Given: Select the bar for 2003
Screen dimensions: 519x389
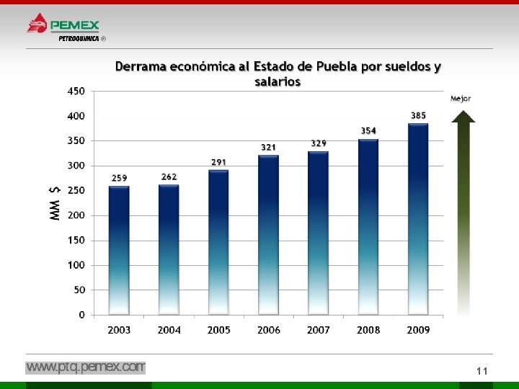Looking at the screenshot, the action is [x=119, y=251].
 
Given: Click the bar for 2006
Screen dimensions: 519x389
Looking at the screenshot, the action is [x=268, y=235].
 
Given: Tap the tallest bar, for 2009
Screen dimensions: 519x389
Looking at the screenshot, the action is [x=418, y=219].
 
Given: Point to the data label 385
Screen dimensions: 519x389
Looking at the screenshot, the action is [x=418, y=115].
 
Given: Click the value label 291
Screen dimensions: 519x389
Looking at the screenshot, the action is [x=219, y=162].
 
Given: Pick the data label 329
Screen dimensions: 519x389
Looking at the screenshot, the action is [x=319, y=143].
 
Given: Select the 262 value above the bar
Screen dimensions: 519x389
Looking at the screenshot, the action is [x=169, y=177].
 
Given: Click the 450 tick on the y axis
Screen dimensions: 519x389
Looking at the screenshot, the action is [x=76, y=91].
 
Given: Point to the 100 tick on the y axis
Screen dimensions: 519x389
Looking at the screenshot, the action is [x=76, y=265].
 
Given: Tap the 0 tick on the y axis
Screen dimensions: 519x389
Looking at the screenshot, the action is [x=81, y=315].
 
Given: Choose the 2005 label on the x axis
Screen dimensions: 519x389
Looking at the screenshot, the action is [x=219, y=330].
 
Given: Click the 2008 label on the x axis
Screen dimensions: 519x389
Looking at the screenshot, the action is [x=368, y=330].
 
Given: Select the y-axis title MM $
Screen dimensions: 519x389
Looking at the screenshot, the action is [x=55, y=203].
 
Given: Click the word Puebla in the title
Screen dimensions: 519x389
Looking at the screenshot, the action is [x=337, y=66].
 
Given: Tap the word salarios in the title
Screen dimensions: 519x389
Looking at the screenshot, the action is [x=278, y=81].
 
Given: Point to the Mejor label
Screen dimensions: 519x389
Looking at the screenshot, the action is [x=461, y=99].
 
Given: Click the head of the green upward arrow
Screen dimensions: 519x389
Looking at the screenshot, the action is [x=463, y=117].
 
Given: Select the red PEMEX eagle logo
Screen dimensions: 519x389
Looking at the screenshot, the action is [x=37, y=23].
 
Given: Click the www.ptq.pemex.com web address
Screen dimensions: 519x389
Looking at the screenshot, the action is [x=85, y=367].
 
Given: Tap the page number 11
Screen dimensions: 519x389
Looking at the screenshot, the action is [x=482, y=371].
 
